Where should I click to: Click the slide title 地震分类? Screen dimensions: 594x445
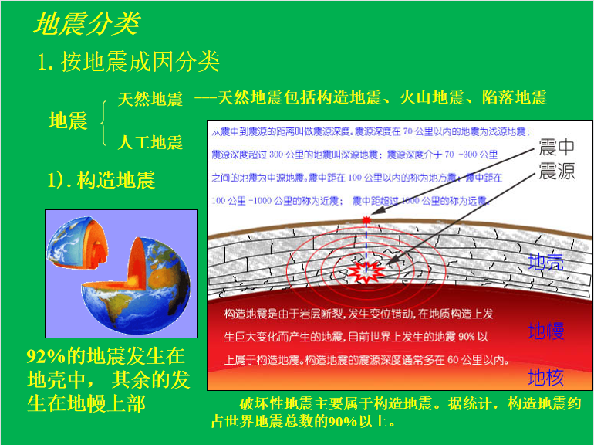[x=87, y=23]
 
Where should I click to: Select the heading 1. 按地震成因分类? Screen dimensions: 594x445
[x=128, y=62]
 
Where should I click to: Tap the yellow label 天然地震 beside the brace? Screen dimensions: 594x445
[x=150, y=99]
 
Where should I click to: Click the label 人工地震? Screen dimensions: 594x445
[x=150, y=142]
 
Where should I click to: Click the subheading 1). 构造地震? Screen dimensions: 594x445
[x=101, y=180]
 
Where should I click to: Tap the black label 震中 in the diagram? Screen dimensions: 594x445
[x=556, y=147]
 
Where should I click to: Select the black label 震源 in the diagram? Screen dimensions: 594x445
[x=556, y=171]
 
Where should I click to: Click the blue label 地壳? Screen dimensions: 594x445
[x=546, y=261]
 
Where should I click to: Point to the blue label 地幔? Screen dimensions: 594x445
[x=546, y=331]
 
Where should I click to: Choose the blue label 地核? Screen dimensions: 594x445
[x=546, y=377]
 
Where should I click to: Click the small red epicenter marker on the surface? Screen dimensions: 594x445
[x=366, y=219]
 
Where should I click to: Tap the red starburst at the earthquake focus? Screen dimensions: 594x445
[x=366, y=271]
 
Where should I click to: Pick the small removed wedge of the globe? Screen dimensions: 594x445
[x=78, y=243]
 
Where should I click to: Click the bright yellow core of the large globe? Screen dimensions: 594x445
[x=133, y=280]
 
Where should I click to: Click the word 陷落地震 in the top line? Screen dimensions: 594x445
[x=515, y=98]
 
